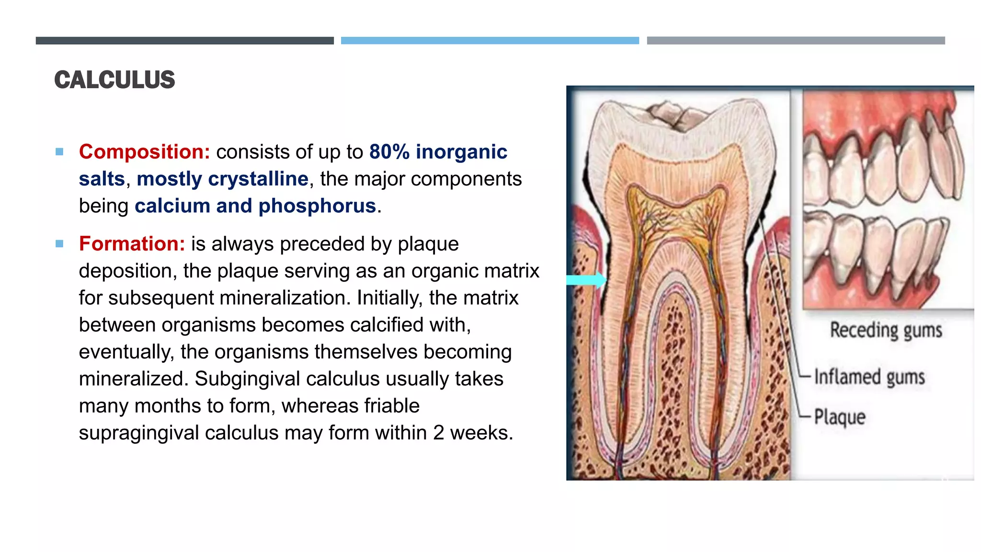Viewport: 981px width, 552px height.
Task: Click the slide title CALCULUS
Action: tap(114, 80)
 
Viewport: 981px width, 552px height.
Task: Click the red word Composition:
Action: tap(144, 152)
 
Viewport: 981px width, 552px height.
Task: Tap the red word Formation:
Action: tap(132, 244)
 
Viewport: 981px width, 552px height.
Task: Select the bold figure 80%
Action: tap(389, 152)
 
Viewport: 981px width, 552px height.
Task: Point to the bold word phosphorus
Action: tap(317, 206)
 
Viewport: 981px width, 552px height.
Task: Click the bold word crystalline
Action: tap(258, 179)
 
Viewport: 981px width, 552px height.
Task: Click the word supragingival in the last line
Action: tap(139, 433)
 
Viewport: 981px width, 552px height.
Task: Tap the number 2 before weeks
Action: tap(438, 433)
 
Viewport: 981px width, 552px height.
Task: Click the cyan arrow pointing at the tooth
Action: tap(586, 280)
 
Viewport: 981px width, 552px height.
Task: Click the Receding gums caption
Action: tap(886, 331)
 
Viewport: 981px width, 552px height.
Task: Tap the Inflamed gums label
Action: tap(869, 377)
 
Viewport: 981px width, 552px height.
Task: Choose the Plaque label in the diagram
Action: tap(840, 417)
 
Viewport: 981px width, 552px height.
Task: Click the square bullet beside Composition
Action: tap(59, 152)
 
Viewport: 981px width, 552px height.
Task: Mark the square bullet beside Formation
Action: tap(59, 244)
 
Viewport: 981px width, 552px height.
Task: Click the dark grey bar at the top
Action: tap(184, 41)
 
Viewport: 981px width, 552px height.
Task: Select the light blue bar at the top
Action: tap(490, 41)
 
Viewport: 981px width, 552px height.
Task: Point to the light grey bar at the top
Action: tap(796, 41)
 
